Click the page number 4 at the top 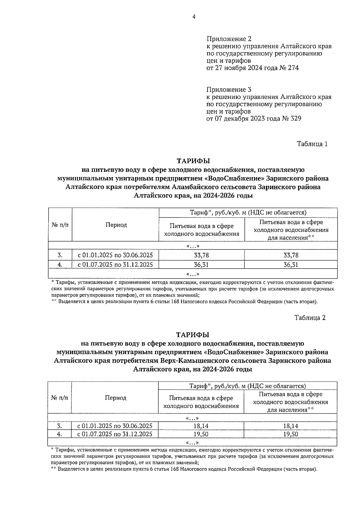click(x=194, y=17)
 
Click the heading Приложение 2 click(x=229, y=39)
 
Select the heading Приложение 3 click(x=229, y=90)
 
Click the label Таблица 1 click(x=312, y=144)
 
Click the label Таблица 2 click(x=310, y=318)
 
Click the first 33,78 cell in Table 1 click(x=202, y=255)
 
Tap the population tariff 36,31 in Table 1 click(x=291, y=265)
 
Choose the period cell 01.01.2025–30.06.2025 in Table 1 click(x=115, y=255)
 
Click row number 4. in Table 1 click(x=60, y=265)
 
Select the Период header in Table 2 click(x=115, y=398)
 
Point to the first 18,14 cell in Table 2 click(x=201, y=426)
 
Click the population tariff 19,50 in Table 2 click(x=290, y=434)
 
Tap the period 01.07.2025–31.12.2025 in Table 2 click(x=115, y=434)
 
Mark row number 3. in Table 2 click(x=59, y=426)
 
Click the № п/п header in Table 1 click(x=60, y=225)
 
